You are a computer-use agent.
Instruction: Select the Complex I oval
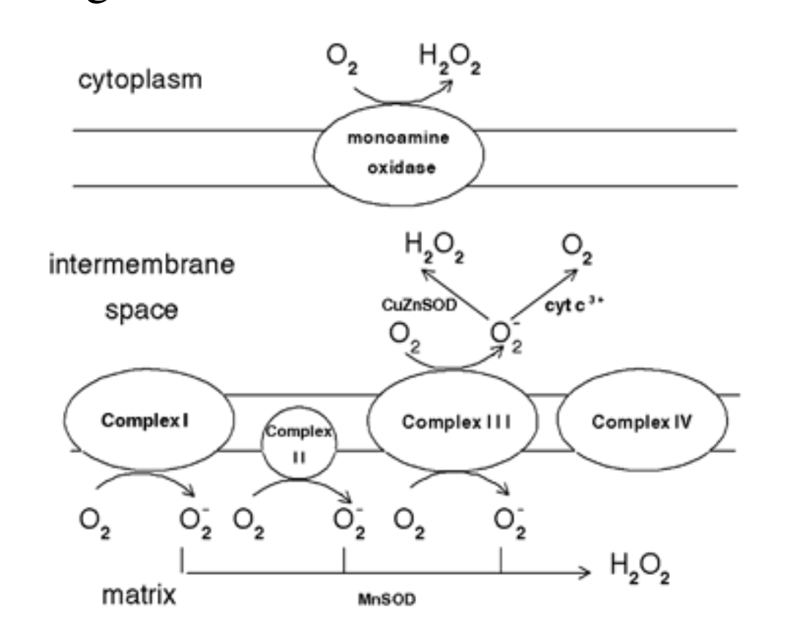149,422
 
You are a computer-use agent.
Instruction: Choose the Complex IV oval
643,422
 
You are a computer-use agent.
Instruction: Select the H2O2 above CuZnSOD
436,252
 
